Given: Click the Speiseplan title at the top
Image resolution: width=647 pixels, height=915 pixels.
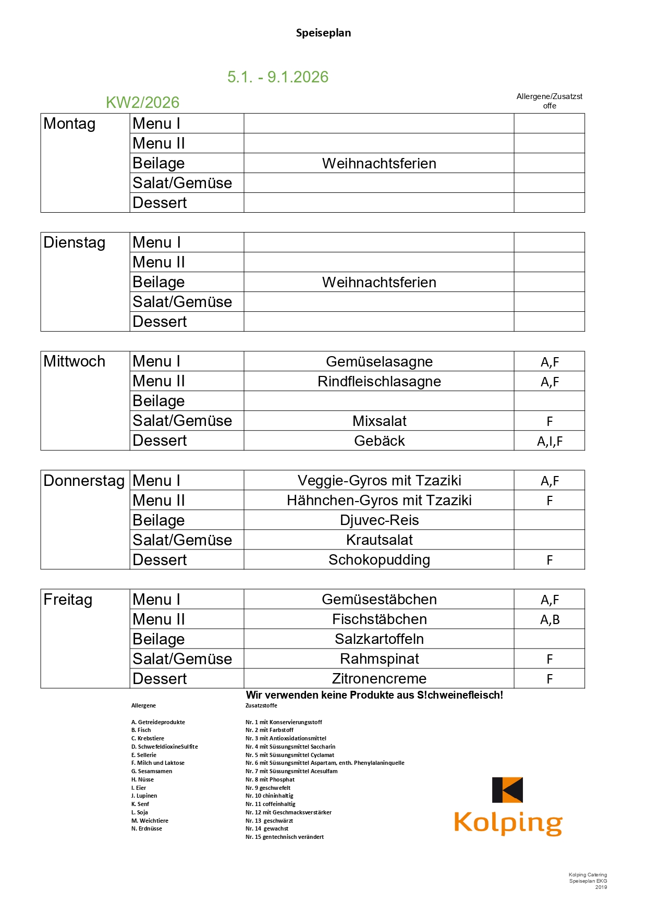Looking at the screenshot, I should tap(323, 33).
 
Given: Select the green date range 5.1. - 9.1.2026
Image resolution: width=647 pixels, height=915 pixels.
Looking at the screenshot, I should tap(278, 77).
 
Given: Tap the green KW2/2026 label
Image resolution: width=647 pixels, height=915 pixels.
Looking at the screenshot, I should tap(142, 102).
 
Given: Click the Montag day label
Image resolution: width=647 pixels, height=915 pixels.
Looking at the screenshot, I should tap(69, 124).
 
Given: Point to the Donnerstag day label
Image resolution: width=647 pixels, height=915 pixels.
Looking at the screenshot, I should tap(84, 480).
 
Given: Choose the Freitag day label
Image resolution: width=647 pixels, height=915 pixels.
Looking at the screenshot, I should tap(68, 599).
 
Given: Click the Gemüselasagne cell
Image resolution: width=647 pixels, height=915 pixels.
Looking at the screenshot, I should tap(379, 361).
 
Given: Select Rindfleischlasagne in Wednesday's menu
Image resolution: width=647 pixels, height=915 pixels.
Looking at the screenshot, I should tap(379, 381).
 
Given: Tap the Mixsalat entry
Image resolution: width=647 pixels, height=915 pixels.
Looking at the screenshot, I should tap(379, 421).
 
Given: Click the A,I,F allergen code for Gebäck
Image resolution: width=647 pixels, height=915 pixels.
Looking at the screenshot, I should tap(550, 441).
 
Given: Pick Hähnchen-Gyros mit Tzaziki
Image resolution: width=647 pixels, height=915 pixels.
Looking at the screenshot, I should tap(379, 500).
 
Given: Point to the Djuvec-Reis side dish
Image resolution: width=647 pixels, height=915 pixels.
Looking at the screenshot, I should tap(379, 520).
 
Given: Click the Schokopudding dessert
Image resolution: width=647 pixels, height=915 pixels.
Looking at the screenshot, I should tap(379, 559).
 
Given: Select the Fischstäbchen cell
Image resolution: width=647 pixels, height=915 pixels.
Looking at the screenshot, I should tap(379, 619).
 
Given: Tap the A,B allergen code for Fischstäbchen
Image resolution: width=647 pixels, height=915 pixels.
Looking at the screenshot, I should tap(550, 619).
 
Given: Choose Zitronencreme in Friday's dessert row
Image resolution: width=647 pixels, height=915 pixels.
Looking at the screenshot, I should tap(379, 678).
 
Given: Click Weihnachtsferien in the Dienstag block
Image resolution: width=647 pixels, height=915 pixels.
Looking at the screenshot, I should tap(379, 282).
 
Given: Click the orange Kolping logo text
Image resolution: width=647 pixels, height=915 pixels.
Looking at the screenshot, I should tap(508, 823).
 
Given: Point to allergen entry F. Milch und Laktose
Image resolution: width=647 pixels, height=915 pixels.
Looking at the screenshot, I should tap(158, 763).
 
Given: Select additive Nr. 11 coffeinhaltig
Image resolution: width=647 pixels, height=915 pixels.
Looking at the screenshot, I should tap(270, 804).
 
